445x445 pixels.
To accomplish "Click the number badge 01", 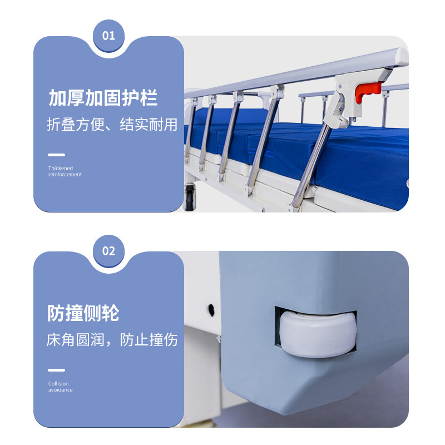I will (x=108, y=36).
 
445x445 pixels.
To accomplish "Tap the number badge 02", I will (x=108, y=251).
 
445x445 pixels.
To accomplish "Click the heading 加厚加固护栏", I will (x=103, y=98).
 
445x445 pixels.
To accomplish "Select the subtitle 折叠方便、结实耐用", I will (x=112, y=124).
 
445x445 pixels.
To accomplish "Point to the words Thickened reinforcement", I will (x=65, y=171).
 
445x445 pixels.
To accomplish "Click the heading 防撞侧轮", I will (x=83, y=313).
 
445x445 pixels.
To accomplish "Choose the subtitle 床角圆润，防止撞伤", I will (x=112, y=339).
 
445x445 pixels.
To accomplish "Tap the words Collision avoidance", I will (x=60, y=387).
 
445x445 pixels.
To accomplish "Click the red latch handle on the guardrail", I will (x=368, y=91).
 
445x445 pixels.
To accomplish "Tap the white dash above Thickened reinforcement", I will (x=56, y=155).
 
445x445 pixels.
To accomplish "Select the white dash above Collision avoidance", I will (x=56, y=370).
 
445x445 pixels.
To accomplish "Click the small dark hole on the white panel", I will (x=211, y=306).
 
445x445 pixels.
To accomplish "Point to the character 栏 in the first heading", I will (x=149, y=98).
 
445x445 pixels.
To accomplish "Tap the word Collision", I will (x=58, y=384).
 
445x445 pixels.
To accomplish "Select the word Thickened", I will (x=60, y=168).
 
